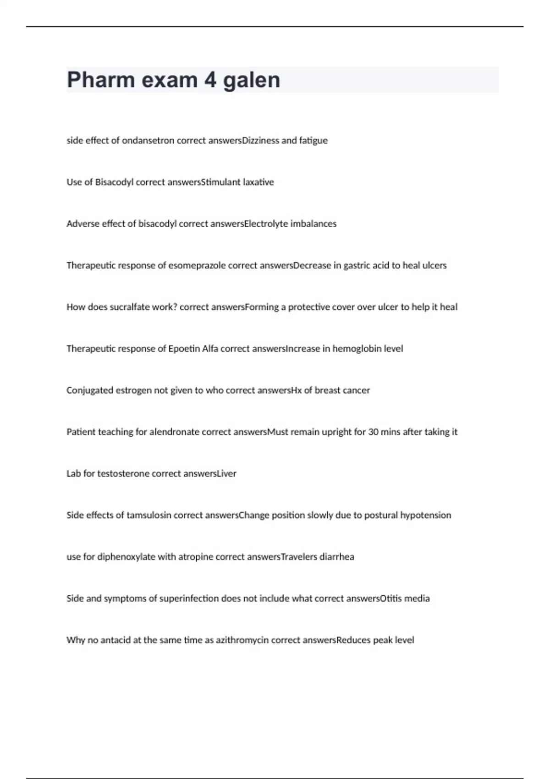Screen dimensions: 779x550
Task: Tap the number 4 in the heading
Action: pos(210,80)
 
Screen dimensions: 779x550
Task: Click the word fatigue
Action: pos(313,141)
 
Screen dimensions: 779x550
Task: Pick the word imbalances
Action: pos(313,224)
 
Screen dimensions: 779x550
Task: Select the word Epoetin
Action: pos(184,349)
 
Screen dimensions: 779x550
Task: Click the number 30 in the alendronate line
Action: pos(373,432)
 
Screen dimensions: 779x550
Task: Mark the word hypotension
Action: pos(426,516)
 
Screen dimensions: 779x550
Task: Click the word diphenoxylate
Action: pos(126,557)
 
